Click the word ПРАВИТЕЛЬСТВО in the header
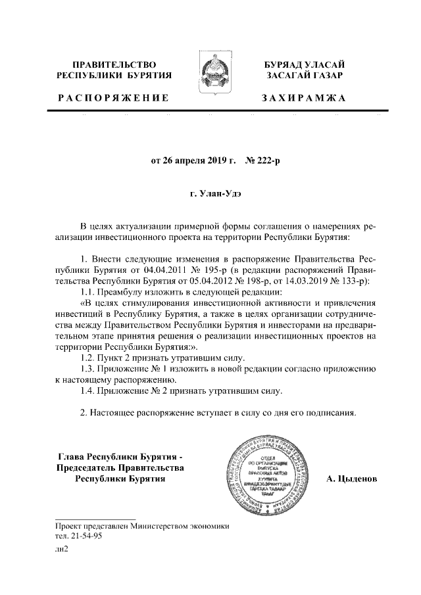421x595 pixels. click(x=114, y=64)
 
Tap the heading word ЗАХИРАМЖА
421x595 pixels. click(x=303, y=98)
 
